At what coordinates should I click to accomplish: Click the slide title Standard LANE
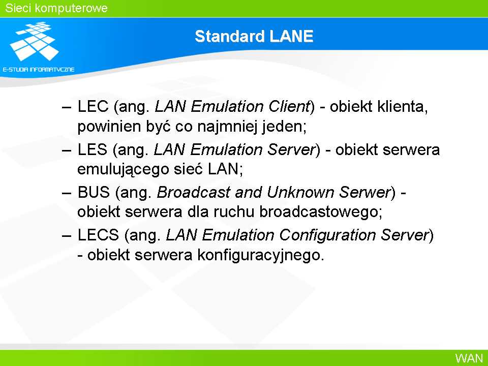tap(254, 36)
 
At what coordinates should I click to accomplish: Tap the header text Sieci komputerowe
tap(56, 8)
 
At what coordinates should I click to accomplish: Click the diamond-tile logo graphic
tap(35, 41)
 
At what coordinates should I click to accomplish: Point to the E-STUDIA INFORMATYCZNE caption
tap(39, 70)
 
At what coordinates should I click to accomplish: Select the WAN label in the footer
tap(469, 358)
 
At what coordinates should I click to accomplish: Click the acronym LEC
tap(93, 106)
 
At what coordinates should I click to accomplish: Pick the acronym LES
tap(93, 149)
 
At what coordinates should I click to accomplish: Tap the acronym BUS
tap(94, 192)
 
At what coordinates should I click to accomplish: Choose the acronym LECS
tap(98, 235)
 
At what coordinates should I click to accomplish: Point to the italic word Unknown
tap(300, 192)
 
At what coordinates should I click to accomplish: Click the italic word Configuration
tap(327, 235)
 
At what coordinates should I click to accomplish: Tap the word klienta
tap(403, 106)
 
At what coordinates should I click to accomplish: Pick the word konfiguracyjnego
tap(261, 256)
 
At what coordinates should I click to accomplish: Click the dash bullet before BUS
tap(67, 193)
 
